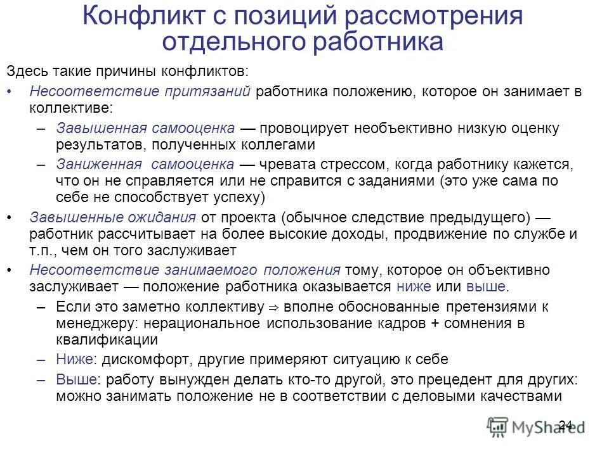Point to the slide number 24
566,424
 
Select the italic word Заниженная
98,165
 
